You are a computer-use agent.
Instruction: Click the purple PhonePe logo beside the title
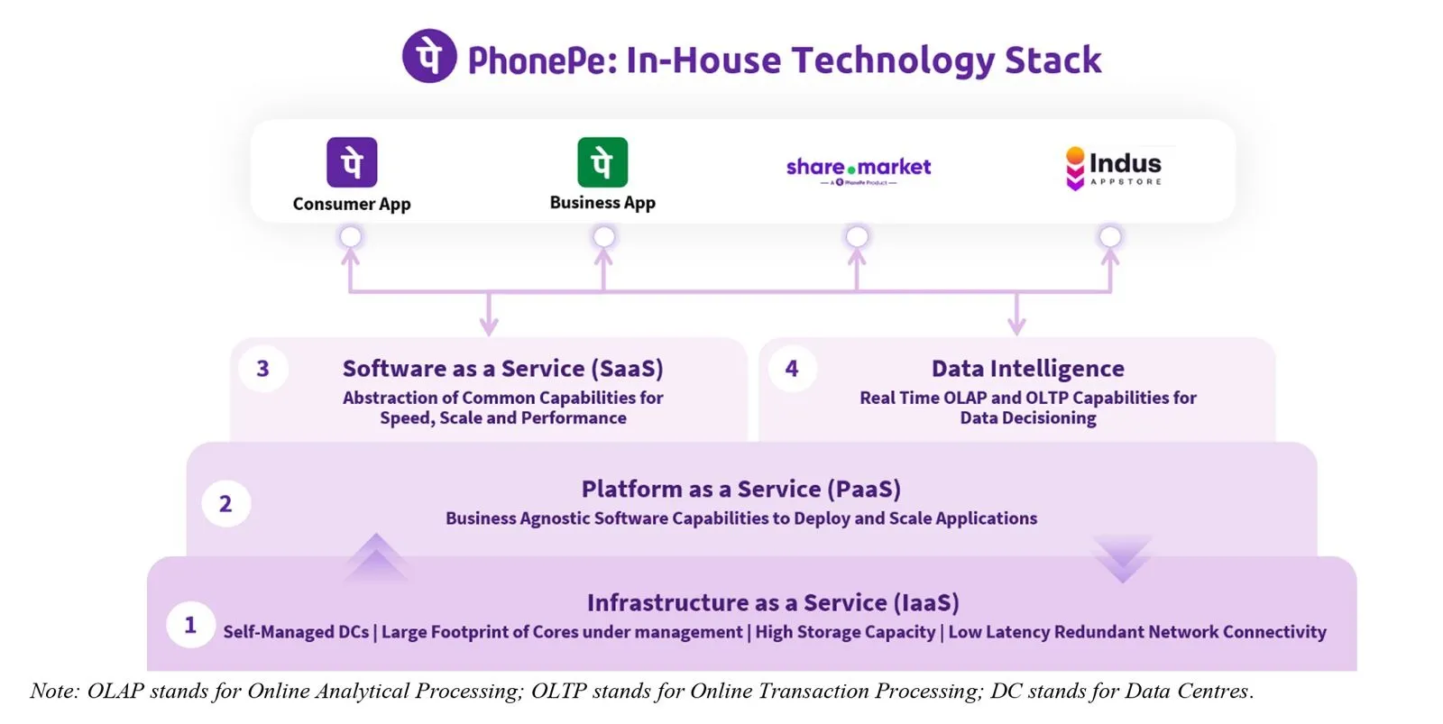point(429,56)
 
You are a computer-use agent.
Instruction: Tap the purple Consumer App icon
point(352,162)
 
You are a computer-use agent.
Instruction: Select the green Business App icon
point(602,162)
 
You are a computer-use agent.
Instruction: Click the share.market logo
point(858,169)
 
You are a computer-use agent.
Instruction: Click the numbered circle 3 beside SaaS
point(262,368)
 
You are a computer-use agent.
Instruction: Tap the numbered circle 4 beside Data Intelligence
point(792,368)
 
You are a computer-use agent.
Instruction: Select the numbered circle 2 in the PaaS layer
point(225,504)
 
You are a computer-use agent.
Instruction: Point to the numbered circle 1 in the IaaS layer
point(190,624)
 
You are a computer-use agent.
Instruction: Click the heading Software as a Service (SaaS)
point(502,369)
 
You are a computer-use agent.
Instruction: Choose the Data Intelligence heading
point(1027,369)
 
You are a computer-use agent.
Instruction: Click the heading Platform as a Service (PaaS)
point(740,489)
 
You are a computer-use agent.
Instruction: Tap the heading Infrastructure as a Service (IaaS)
point(773,602)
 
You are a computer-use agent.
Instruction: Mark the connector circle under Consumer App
point(351,236)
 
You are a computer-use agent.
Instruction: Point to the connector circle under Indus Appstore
point(1110,236)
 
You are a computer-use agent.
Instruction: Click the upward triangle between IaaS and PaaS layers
point(375,557)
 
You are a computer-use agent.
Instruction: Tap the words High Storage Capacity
point(845,632)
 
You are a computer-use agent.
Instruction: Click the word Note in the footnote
point(53,692)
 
